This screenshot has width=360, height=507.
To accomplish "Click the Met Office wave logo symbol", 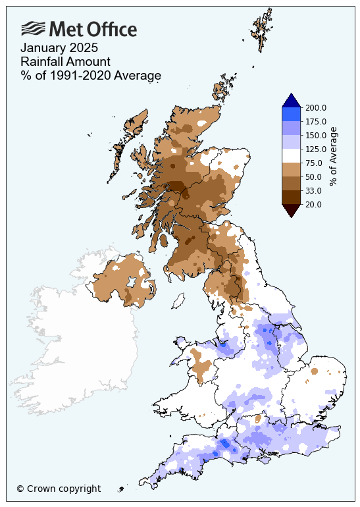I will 34,28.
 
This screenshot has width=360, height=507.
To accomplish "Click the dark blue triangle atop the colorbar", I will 292,101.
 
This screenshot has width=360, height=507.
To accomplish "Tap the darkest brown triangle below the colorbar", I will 292,209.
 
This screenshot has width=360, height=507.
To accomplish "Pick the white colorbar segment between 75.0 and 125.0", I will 292,155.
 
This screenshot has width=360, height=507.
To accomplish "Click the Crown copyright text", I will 59,489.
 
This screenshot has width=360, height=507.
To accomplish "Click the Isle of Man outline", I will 177,302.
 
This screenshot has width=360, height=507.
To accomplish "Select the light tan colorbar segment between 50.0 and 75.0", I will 292,169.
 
